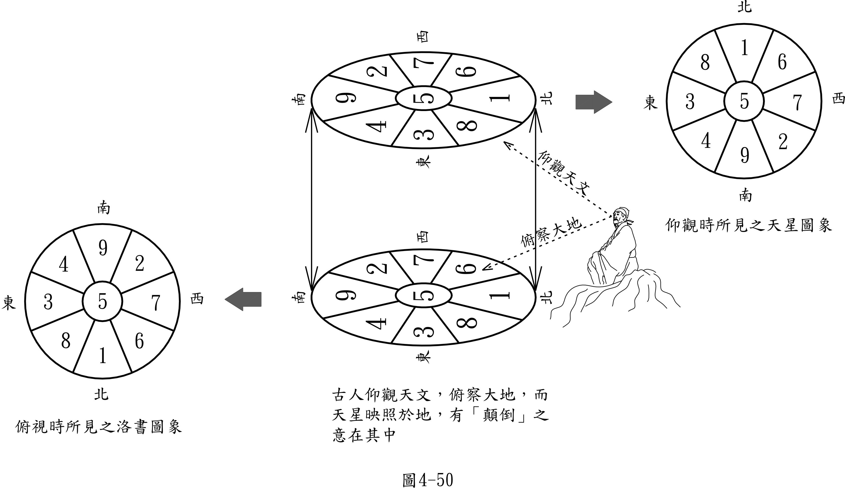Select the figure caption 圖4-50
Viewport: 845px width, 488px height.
(x=427, y=480)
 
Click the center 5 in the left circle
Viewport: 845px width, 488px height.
(x=102, y=301)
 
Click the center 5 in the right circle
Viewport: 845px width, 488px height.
(x=744, y=101)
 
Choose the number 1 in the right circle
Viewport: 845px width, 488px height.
(x=744, y=48)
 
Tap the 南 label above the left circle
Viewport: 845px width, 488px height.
(x=103, y=208)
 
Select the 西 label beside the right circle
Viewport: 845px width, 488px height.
(x=838, y=99)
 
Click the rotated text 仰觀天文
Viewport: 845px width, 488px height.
(x=563, y=173)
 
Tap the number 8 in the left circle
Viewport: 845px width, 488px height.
(x=66, y=341)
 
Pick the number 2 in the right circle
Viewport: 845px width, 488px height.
(x=783, y=142)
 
